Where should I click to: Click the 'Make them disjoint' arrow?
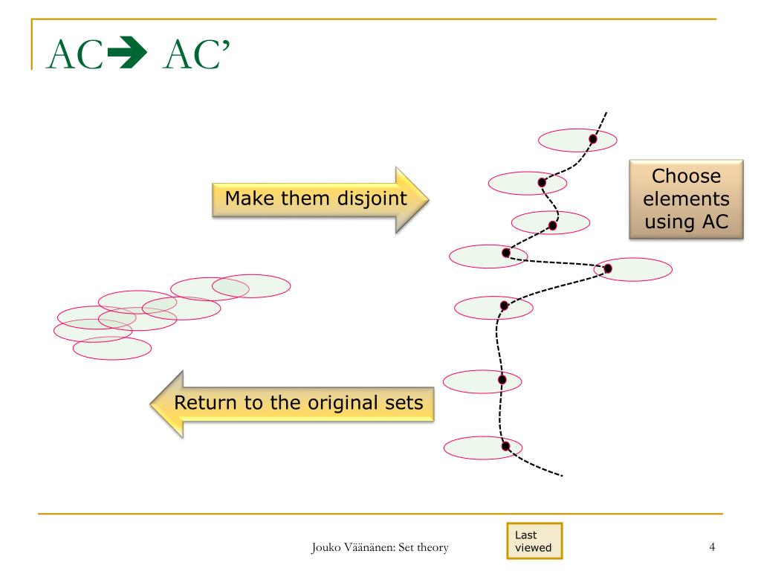pos(320,199)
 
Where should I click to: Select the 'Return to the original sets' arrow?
pos(297,404)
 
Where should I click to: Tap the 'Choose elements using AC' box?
pos(686,199)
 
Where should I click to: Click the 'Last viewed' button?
pos(533,541)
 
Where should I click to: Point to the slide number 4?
pos(712,548)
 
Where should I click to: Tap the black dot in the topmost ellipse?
pos(593,138)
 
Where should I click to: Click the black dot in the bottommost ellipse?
pos(505,446)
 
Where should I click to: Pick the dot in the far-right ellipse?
pos(607,268)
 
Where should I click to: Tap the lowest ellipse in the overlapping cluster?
pos(111,348)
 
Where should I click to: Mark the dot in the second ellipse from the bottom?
pos(501,379)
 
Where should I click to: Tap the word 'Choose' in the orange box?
pos(686,177)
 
